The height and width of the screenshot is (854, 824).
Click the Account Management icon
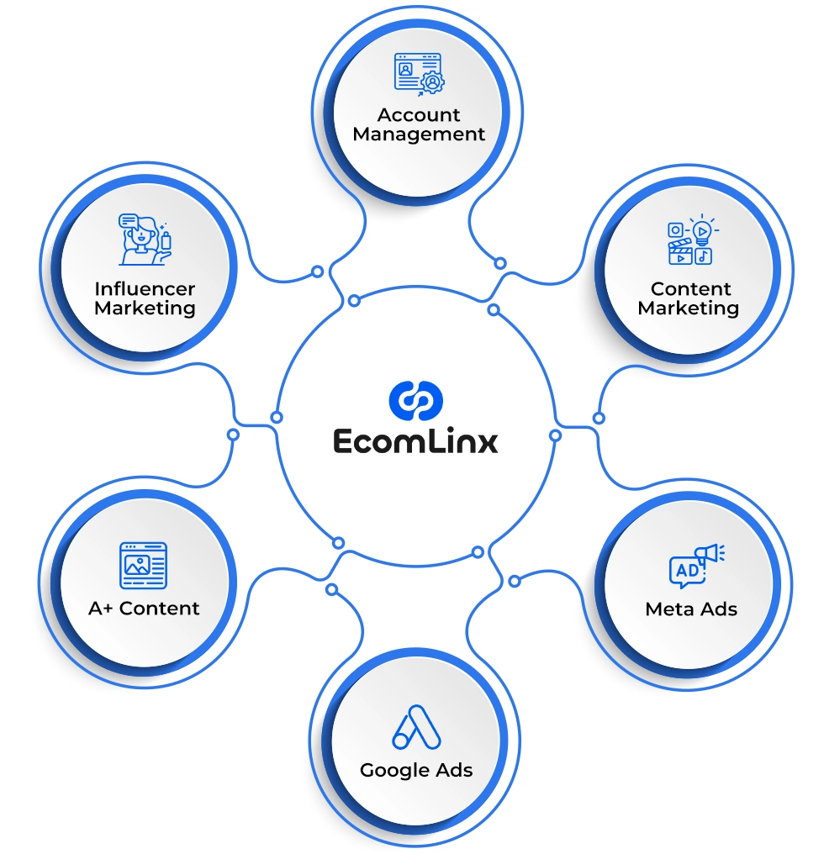coord(419,75)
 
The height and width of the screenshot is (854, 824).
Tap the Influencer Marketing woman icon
coord(145,239)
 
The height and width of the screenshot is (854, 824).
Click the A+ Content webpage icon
coord(143,566)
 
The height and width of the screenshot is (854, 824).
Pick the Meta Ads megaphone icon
coord(697,566)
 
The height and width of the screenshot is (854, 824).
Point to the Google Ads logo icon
coord(416,727)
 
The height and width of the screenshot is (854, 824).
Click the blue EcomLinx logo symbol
coord(416,400)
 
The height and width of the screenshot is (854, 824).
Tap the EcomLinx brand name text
coord(415,441)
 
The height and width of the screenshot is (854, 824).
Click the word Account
coord(419,115)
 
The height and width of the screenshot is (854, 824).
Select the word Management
coord(419,134)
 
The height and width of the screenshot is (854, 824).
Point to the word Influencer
coord(145,288)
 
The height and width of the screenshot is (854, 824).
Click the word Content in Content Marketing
coord(690,288)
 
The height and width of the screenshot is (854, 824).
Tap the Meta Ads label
coord(691,609)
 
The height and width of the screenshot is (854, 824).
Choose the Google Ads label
coord(416,771)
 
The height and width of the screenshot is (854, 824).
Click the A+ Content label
coord(144,609)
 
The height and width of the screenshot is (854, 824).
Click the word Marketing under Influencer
coord(145,308)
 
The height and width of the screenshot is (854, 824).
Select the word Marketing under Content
coord(689,308)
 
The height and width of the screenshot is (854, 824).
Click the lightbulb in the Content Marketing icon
coord(703,230)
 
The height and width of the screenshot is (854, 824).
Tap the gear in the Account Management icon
coord(432,82)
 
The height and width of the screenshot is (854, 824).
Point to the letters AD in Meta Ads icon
coord(687,571)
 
